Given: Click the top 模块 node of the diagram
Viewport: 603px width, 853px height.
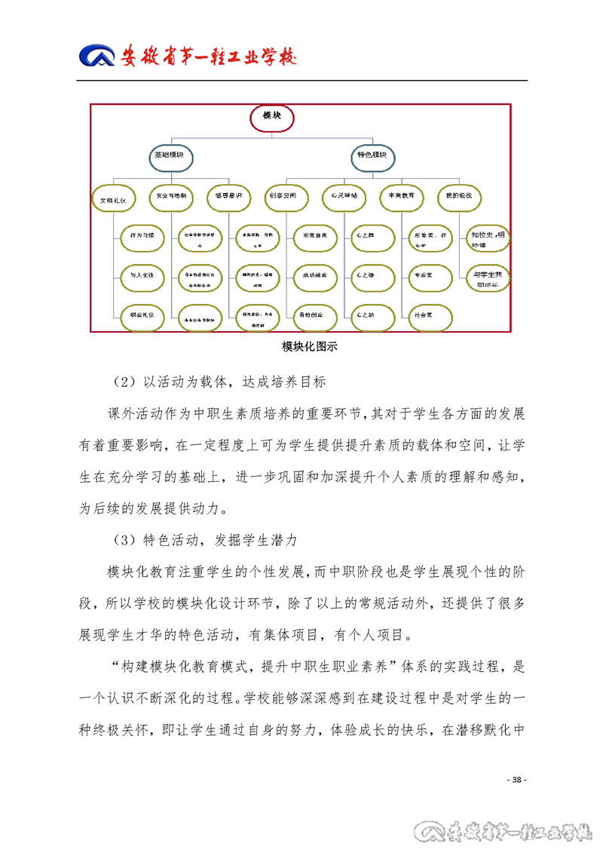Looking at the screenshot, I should coord(271,116).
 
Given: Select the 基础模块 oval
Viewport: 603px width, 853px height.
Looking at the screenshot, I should coord(170,156).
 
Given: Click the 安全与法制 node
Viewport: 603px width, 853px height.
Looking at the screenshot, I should coord(172,196).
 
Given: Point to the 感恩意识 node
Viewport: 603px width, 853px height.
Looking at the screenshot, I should coord(228,196).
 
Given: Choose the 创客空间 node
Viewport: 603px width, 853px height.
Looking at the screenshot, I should coord(287,196).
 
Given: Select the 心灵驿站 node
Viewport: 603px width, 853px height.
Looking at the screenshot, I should coord(344,196).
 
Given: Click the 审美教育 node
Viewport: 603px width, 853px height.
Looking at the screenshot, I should coord(401,196).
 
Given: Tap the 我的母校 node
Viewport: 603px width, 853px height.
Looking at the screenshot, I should coord(458,196).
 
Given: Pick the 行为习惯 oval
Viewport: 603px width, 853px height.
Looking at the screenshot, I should coord(142,237).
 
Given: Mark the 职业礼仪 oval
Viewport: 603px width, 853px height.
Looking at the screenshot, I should coord(142,316).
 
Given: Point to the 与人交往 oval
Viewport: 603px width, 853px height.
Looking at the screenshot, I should coord(142,277).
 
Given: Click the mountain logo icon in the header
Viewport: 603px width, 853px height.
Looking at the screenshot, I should coord(97,57).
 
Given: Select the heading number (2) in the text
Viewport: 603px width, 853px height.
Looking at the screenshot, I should coord(120,382).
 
